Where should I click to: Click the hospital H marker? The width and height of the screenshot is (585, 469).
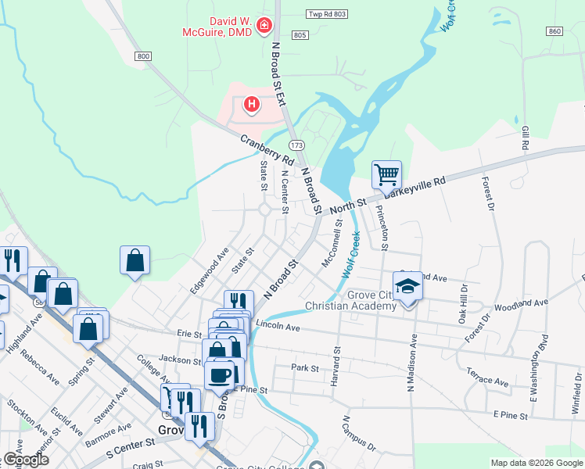(x=251, y=103)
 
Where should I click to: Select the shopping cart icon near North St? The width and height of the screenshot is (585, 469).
(x=386, y=175)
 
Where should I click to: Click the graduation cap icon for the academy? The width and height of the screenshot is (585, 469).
(x=407, y=288)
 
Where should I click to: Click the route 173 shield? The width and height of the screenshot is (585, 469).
(x=296, y=145)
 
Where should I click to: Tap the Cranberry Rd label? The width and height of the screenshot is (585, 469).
(x=267, y=152)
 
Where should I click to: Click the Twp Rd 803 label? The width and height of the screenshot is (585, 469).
(x=327, y=15)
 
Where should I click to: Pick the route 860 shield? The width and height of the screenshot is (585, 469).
(x=554, y=30)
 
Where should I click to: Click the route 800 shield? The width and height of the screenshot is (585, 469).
(x=142, y=55)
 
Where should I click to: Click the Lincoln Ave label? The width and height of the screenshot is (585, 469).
(x=278, y=325)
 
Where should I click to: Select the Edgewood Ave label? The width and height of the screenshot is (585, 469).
(x=210, y=270)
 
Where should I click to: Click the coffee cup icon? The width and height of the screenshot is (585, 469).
(x=220, y=374)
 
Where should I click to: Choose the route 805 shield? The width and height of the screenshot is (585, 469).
(x=301, y=35)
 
